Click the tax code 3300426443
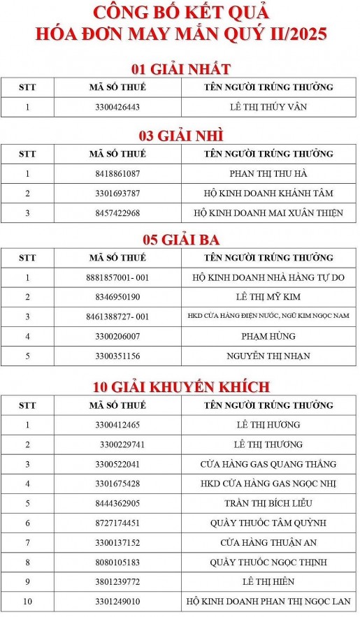point(117,107)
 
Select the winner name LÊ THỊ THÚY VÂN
point(268,107)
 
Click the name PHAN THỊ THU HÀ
point(268,173)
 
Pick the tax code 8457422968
point(117,212)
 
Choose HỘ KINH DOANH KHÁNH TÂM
point(268,193)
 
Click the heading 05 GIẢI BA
point(181,240)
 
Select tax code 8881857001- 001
point(122,277)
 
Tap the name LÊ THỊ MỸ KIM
point(268,297)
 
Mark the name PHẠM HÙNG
point(268,336)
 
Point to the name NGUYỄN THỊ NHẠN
point(268,356)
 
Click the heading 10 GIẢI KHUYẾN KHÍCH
point(181,386)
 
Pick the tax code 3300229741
point(122,444)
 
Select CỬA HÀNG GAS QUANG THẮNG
point(268,464)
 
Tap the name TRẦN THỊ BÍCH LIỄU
point(268,503)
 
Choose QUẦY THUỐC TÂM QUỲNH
point(268,523)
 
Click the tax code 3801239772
point(117,581)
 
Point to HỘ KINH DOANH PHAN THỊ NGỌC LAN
point(268,601)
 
